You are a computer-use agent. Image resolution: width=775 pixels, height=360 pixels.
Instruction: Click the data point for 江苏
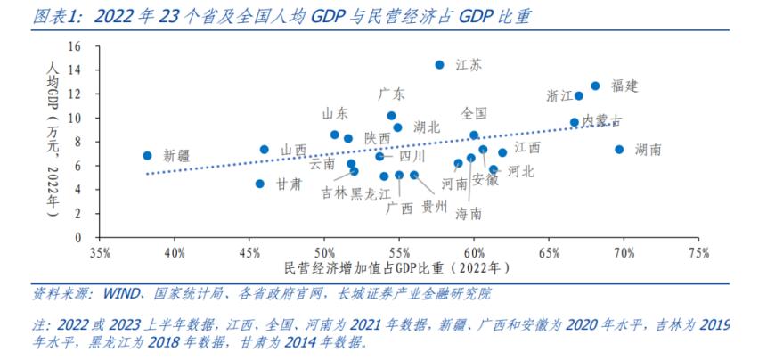[x=439, y=65]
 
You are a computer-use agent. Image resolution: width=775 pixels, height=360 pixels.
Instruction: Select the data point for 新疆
[x=147, y=155]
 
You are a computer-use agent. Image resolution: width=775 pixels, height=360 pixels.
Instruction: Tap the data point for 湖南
[x=619, y=150]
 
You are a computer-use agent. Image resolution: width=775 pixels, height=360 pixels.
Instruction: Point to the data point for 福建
[x=595, y=86]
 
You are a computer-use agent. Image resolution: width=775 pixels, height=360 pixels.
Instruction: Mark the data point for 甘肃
[x=259, y=184]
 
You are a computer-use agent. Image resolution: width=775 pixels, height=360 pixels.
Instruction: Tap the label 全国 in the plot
[x=474, y=113]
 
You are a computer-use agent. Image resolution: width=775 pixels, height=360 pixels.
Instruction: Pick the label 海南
[x=469, y=214]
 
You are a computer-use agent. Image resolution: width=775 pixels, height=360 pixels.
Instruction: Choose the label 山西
[x=294, y=150]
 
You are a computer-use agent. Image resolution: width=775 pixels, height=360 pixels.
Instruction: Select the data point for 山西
[x=264, y=150]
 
